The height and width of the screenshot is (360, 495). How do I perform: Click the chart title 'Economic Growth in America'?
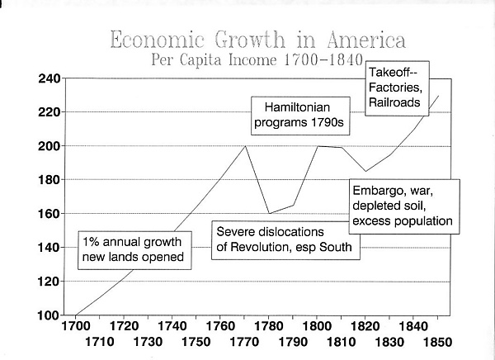tap(257, 40)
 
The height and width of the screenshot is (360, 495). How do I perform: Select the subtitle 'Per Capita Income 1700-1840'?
tap(258, 59)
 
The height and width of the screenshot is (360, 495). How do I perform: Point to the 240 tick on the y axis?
tap(49, 78)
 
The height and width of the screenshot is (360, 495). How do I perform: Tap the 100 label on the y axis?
tap(49, 315)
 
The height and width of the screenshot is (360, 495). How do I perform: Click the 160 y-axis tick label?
tap(49, 214)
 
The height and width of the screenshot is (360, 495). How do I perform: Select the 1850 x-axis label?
tap(438, 340)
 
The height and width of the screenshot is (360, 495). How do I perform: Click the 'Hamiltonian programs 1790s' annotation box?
tap(297, 116)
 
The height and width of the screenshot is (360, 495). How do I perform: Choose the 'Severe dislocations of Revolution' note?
tap(283, 239)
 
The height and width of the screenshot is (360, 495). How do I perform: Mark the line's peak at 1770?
tap(245, 146)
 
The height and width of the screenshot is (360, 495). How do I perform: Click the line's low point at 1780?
tap(269, 213)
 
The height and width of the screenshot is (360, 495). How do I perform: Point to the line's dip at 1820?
tap(365, 171)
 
